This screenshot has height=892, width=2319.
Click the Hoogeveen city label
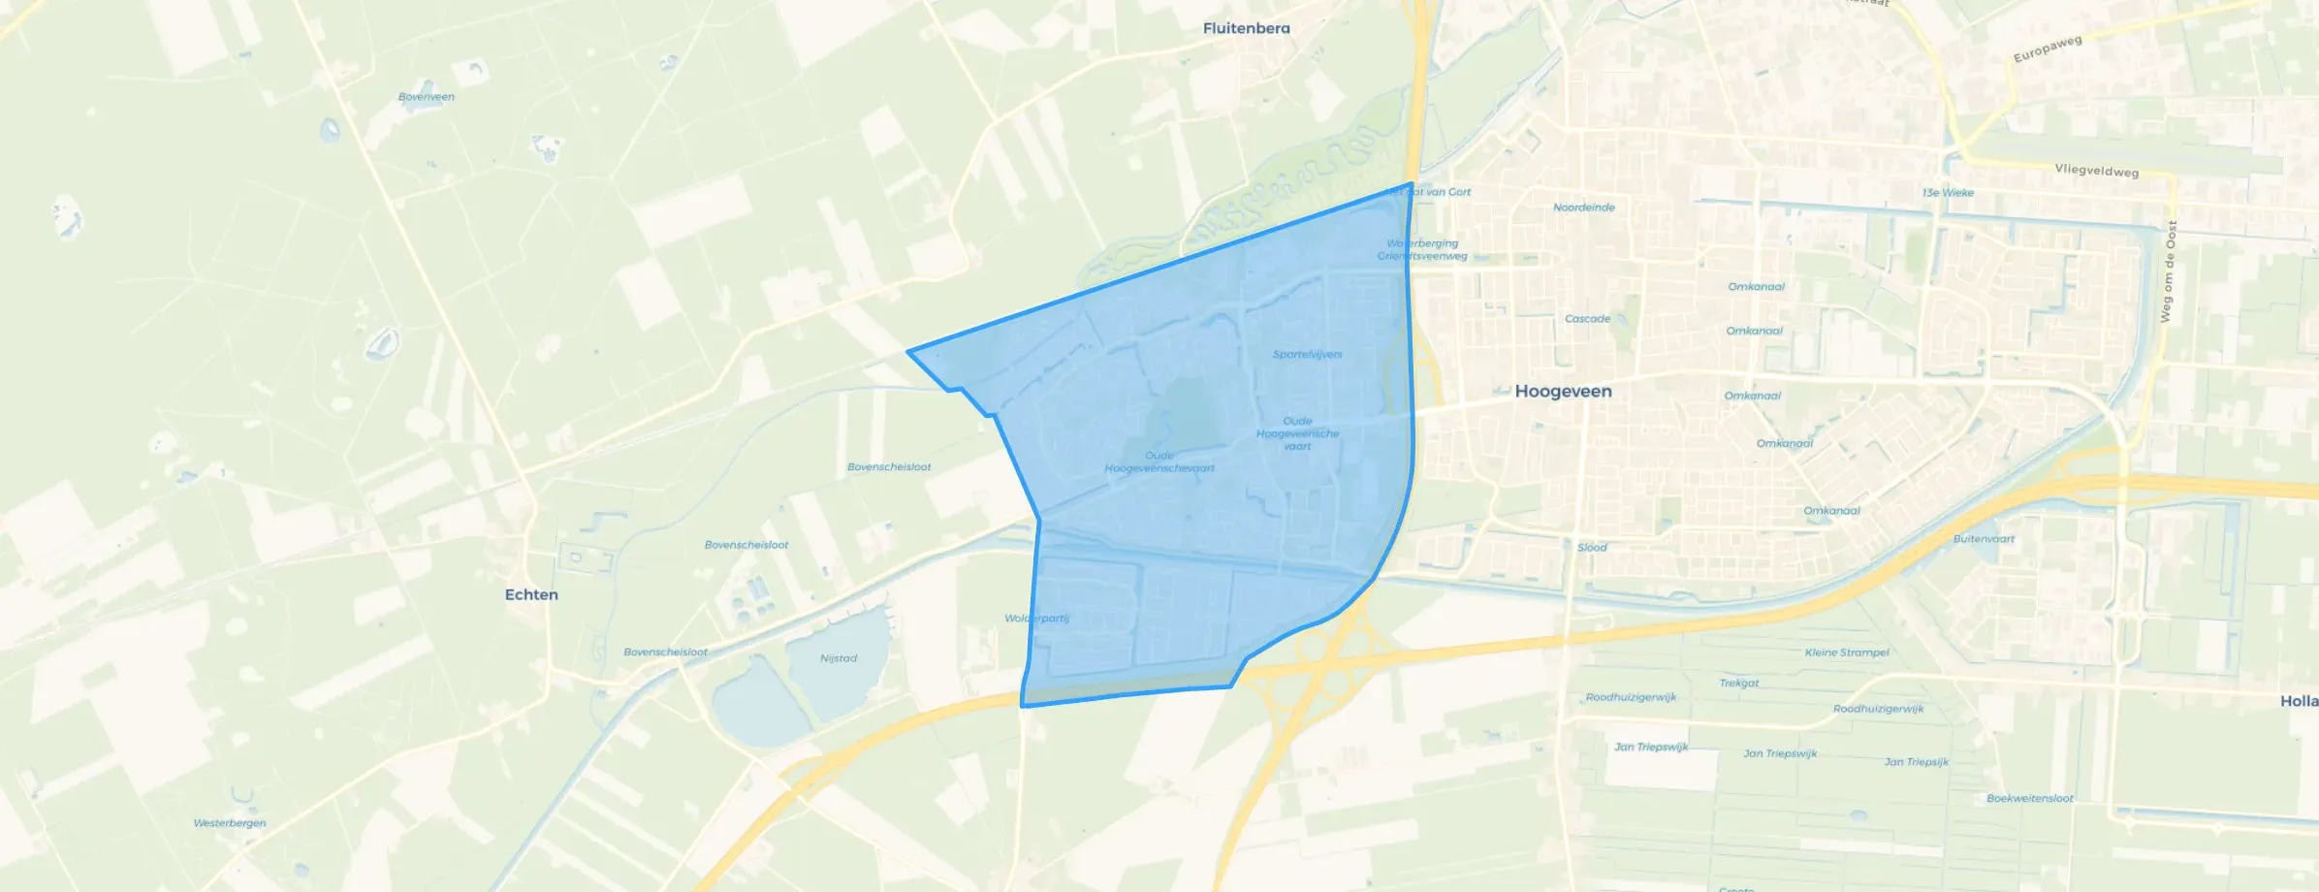coord(1563,392)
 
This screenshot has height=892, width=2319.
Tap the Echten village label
coord(531,594)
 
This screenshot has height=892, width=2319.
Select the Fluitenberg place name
coord(1246,28)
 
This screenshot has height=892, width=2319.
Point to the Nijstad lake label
coord(839,658)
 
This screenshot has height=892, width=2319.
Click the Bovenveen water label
coord(427,97)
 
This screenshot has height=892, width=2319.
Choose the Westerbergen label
coord(230,823)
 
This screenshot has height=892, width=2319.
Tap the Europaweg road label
coord(2048,49)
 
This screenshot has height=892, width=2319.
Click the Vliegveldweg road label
coord(2096,171)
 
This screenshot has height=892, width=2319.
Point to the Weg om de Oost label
coord(2168,271)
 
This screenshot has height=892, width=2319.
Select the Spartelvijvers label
coord(1307,355)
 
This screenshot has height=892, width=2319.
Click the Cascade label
coord(1587,319)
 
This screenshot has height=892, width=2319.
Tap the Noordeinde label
coord(1583,207)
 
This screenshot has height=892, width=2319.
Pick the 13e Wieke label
coord(1948,193)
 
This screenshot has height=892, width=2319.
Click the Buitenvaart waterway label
coord(1984,539)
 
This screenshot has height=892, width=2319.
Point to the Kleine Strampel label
coord(1847,653)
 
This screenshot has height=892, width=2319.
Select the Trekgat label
coord(1738,684)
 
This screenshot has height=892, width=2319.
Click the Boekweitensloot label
coord(2029,799)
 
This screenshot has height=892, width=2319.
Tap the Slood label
coord(1592,548)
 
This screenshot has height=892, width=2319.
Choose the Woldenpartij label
coord(1036,619)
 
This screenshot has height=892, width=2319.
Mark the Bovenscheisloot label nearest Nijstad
coord(665,653)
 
